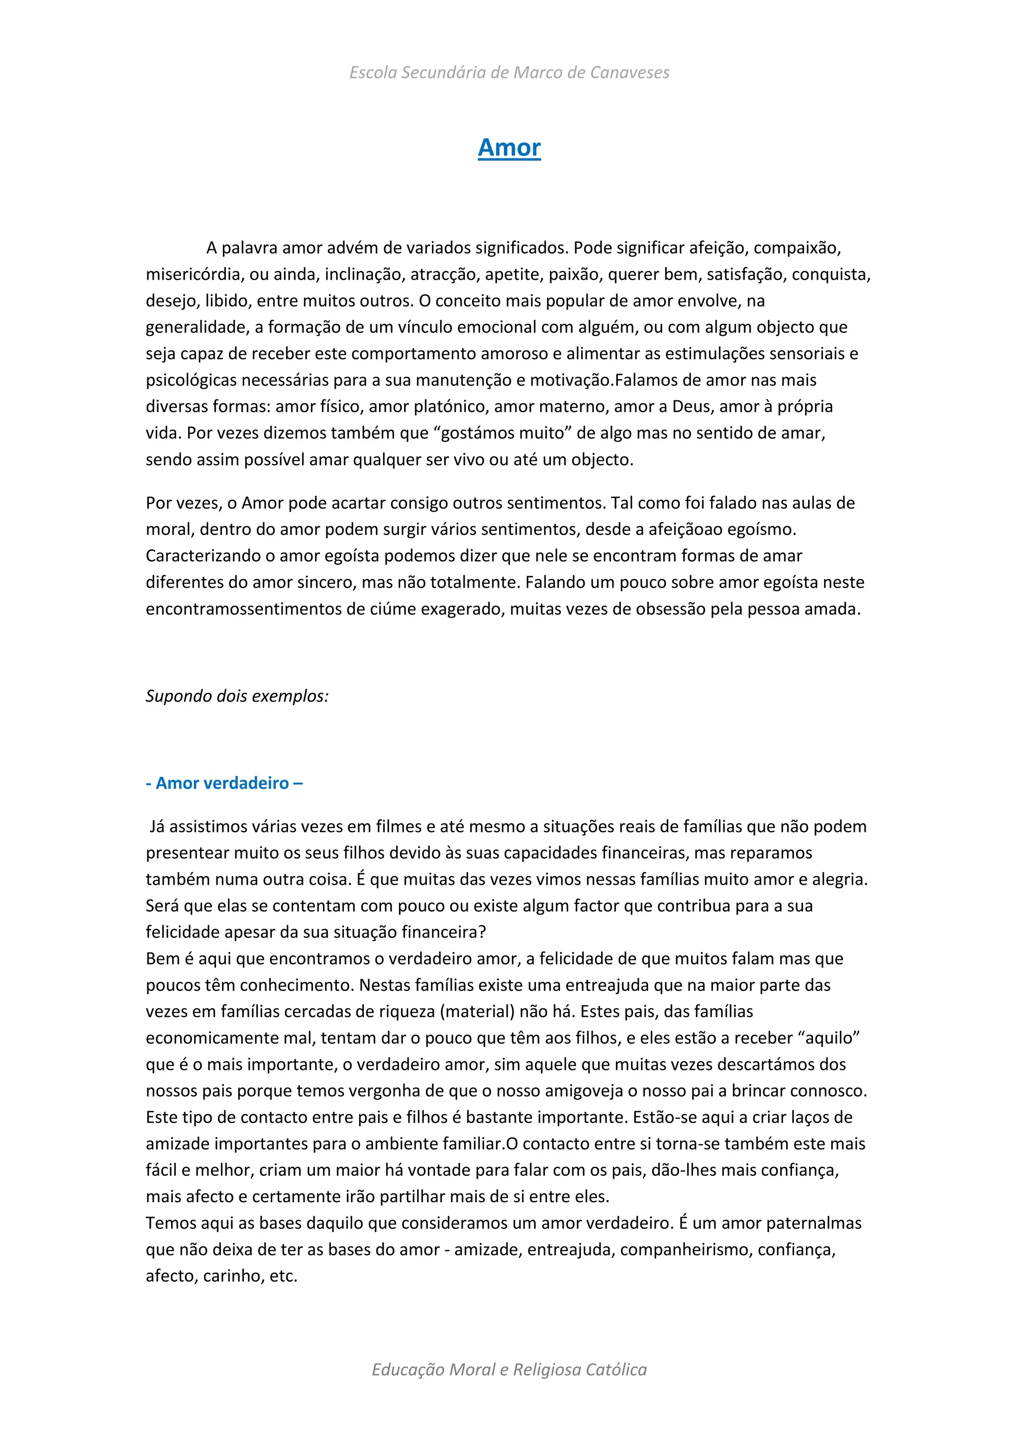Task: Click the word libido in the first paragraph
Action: click(x=226, y=301)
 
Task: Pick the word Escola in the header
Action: click(x=373, y=73)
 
